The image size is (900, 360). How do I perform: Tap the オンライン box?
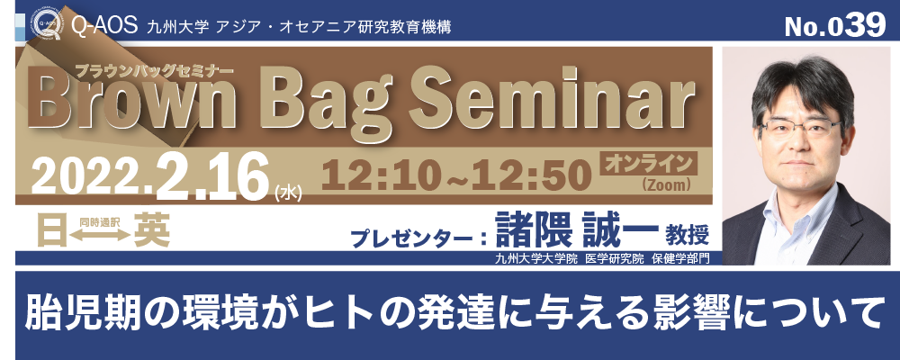point(648,163)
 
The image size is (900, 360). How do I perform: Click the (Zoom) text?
point(666,184)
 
